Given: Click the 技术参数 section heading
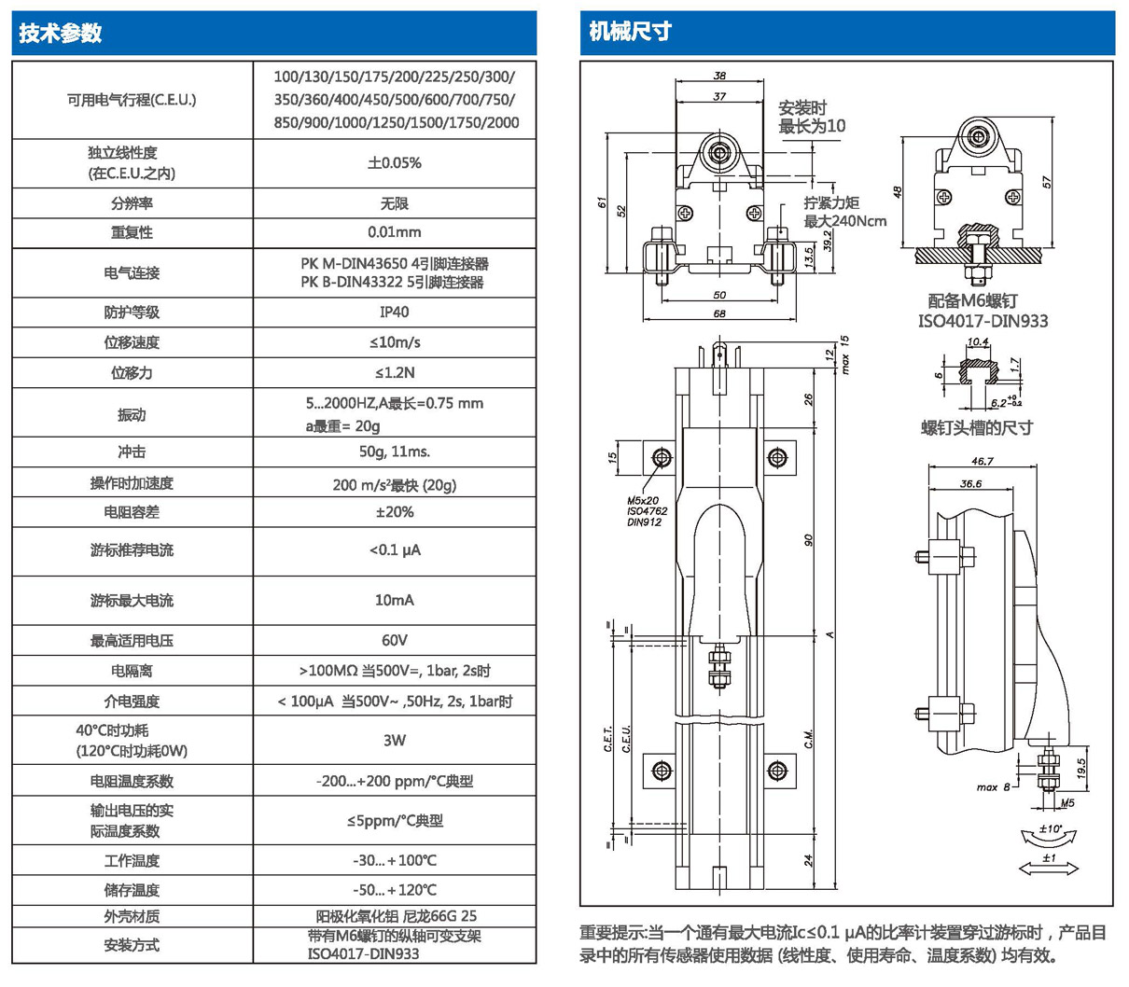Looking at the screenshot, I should tap(61, 34).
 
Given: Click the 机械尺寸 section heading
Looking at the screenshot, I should tap(631, 32).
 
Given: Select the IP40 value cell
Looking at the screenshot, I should tap(394, 312).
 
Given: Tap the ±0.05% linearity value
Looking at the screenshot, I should tap(394, 162).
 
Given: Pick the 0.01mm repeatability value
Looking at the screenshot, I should tap(394, 231).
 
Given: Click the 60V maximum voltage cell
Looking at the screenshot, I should tap(394, 640).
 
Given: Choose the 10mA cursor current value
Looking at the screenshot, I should tap(394, 600).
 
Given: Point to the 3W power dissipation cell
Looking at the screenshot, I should tap(394, 740).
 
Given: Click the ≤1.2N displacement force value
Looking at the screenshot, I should tap(394, 372).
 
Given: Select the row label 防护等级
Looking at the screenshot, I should tap(132, 312).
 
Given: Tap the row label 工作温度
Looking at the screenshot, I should tap(132, 860).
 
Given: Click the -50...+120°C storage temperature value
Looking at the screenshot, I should tap(394, 890).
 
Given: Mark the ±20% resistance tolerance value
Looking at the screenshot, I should tap(394, 512).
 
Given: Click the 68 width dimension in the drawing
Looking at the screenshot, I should tap(719, 314).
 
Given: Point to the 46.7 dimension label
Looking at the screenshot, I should tap(982, 462).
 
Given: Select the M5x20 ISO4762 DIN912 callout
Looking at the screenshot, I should tap(647, 511).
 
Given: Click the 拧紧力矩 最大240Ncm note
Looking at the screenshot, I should tap(844, 212).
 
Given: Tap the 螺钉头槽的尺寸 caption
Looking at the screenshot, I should tap(977, 427).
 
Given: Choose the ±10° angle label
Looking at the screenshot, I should tap(1050, 828).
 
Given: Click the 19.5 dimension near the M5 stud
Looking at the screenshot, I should tap(1082, 768).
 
